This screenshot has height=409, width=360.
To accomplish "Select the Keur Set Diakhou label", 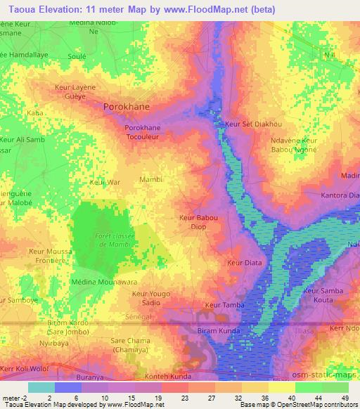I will coord(249,124).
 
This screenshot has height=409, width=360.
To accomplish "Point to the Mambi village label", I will coord(151,180).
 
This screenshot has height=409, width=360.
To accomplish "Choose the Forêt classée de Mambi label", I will coord(111,241).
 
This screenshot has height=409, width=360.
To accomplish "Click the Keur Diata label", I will coord(243,263).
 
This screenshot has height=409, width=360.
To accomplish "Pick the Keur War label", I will coord(105,183).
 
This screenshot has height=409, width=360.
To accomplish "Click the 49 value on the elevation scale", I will coord(345,398).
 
